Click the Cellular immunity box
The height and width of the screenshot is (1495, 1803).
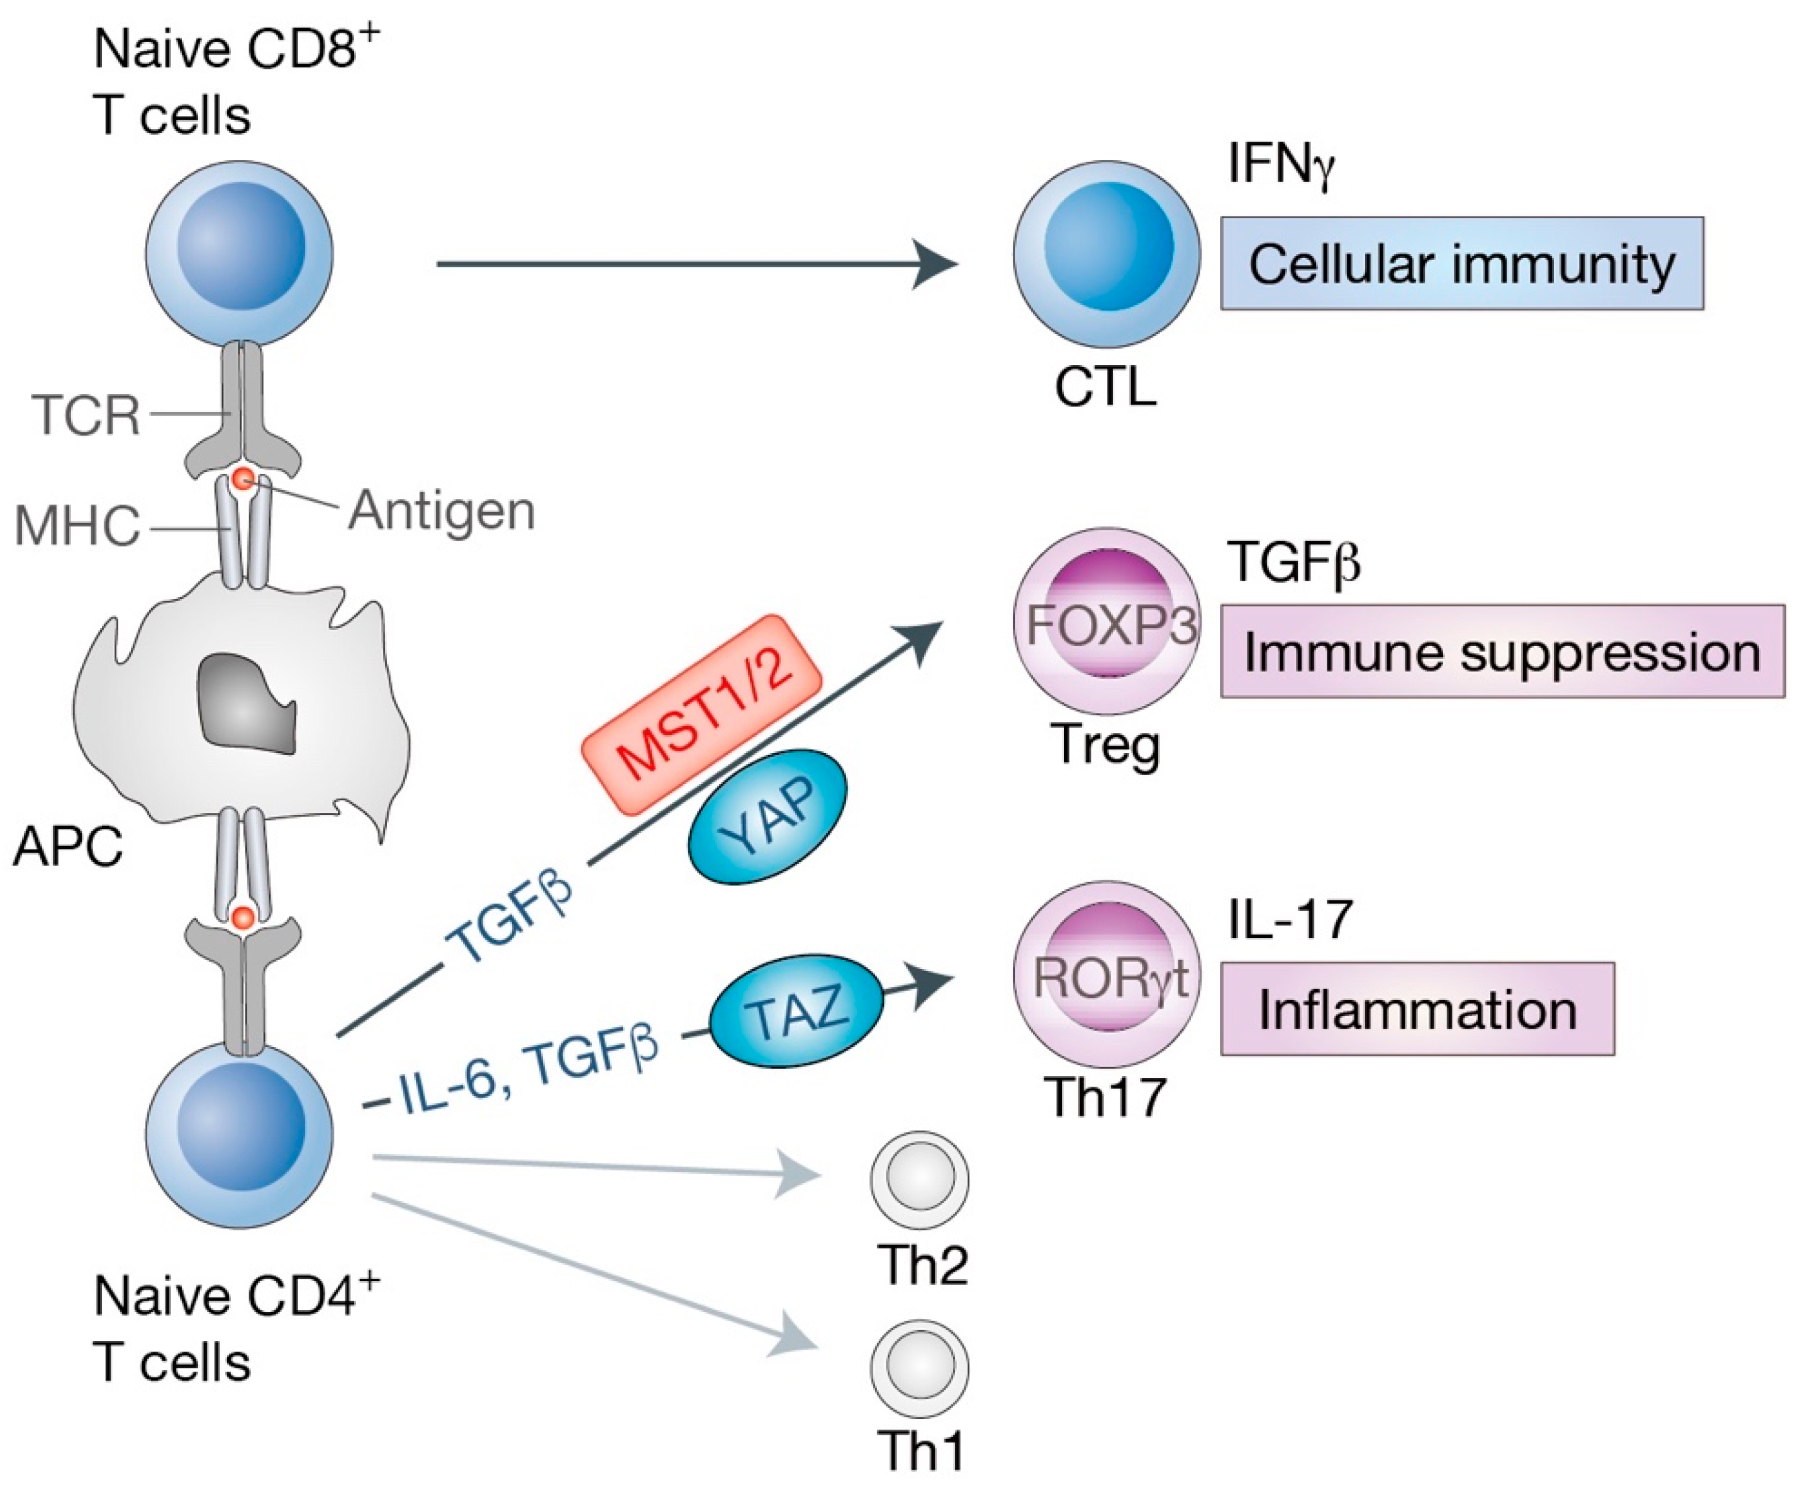[x=1461, y=264]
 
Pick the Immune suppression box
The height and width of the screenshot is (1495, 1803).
[x=1502, y=651]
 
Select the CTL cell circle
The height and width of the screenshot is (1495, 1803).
[x=1106, y=254]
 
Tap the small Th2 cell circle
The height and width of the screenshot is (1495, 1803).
[x=920, y=1178]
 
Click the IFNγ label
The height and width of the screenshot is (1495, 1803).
[x=1280, y=163]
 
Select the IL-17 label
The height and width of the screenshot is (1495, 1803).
[x=1290, y=919]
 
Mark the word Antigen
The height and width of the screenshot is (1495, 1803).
[x=441, y=510]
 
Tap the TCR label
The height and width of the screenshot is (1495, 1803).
[x=86, y=415]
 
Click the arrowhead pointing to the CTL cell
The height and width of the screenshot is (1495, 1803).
[x=936, y=264]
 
